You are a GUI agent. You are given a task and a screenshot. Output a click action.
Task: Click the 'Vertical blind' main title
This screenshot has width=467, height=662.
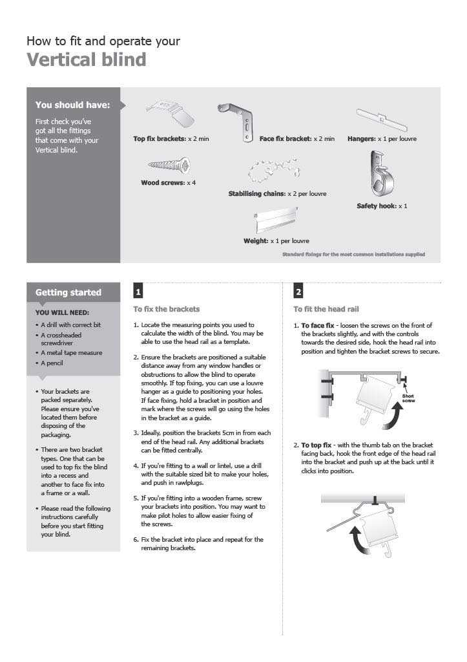tap(86, 60)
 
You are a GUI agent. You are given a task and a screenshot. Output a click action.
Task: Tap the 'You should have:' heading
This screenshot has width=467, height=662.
tap(72, 105)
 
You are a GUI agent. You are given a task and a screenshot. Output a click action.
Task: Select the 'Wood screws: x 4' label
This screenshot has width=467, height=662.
tap(168, 183)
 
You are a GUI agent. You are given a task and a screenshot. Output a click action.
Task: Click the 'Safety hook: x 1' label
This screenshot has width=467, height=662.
tap(382, 206)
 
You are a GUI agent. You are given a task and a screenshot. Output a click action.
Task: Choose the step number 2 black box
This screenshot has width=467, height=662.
tap(298, 290)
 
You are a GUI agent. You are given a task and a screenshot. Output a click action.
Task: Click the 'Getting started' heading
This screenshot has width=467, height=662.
tap(68, 292)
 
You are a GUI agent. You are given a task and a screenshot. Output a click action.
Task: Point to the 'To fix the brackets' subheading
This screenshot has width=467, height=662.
tap(167, 309)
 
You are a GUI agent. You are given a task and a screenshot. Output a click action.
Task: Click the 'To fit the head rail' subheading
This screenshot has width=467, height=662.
tap(326, 309)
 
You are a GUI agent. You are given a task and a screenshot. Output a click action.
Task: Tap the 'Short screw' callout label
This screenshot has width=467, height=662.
tap(408, 398)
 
